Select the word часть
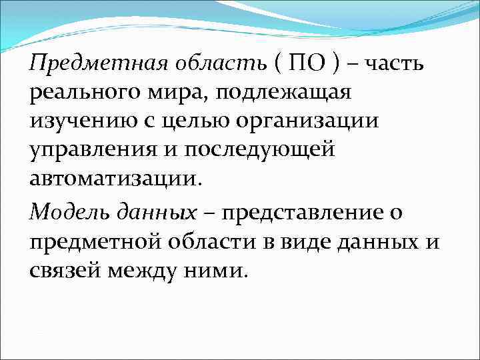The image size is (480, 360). coord(393,65)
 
